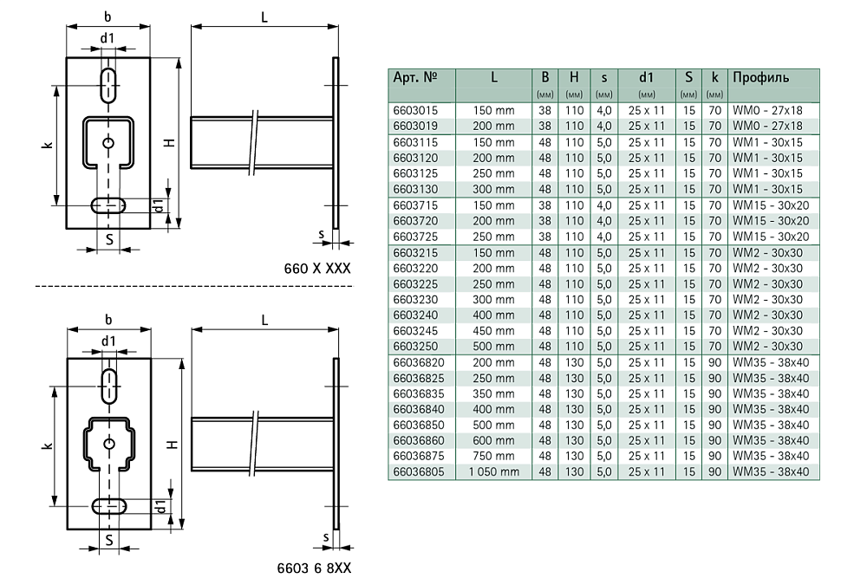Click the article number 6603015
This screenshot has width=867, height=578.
point(414,111)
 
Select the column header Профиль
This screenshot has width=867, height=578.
point(760,77)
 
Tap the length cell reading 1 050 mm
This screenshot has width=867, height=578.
point(494,472)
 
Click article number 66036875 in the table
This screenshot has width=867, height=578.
point(419,457)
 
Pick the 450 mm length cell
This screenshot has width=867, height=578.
point(494,331)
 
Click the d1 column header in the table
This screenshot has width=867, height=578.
point(646,77)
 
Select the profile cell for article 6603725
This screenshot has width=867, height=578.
point(771,237)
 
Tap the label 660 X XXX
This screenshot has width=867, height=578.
point(316,269)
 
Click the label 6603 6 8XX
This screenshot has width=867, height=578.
point(314,568)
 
